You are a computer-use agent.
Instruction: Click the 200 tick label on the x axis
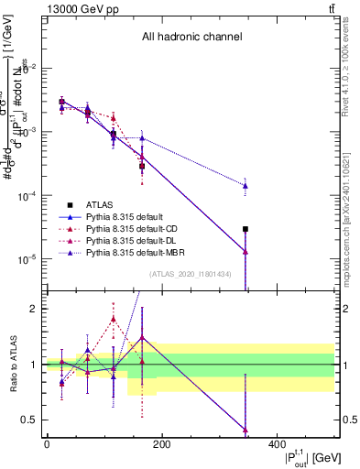pyautogui.click(x=161, y=443)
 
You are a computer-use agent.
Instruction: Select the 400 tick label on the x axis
pyautogui.click(x=277, y=443)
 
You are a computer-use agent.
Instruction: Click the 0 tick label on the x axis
pyautogui.click(x=47, y=443)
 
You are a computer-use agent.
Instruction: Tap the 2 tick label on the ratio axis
pyautogui.click(x=38, y=309)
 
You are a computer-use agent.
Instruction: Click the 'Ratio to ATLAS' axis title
pyautogui.click(x=10, y=364)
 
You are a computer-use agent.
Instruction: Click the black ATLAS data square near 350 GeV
pyautogui.click(x=245, y=229)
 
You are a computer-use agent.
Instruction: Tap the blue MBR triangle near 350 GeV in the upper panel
pyautogui.click(x=245, y=186)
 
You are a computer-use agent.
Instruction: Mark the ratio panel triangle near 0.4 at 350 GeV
pyautogui.click(x=245, y=430)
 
